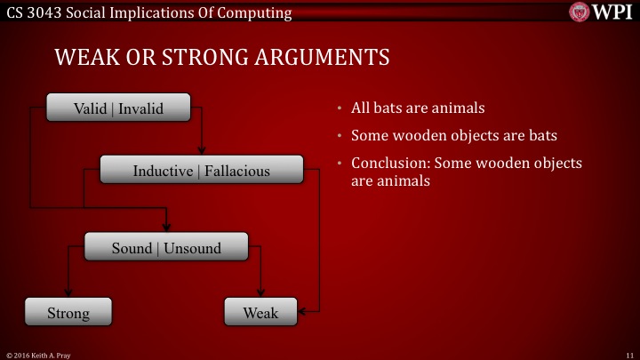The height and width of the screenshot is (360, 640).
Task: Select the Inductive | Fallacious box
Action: tap(201, 170)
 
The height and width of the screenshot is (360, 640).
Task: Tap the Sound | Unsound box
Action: tap(165, 248)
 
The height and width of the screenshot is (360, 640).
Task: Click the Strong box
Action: tap(68, 313)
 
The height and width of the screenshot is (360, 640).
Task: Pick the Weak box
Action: tap(260, 313)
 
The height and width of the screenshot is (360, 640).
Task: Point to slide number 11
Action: tap(629, 354)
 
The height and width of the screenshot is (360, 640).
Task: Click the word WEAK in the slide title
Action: tap(84, 59)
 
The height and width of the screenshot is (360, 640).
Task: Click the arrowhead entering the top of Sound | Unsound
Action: tap(166, 228)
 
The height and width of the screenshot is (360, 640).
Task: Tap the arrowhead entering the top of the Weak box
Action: tap(260, 294)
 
